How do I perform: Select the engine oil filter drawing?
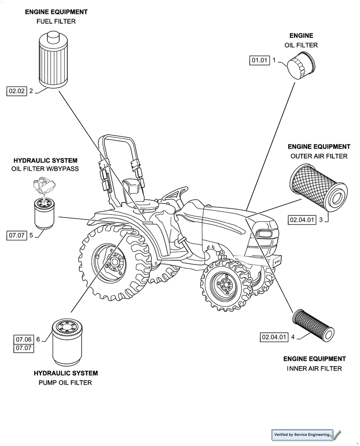click(302, 66)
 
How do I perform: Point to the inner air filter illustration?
click(313, 325)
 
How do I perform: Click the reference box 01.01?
click(260, 60)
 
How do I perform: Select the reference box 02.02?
click(17, 91)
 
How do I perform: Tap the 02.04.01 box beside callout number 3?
click(302, 219)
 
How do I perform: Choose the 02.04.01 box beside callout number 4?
click(274, 337)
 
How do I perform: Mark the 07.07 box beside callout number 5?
click(17, 235)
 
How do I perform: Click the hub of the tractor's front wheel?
click(221, 283)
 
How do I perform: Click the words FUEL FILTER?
click(56, 21)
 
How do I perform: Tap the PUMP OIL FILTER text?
click(66, 383)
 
